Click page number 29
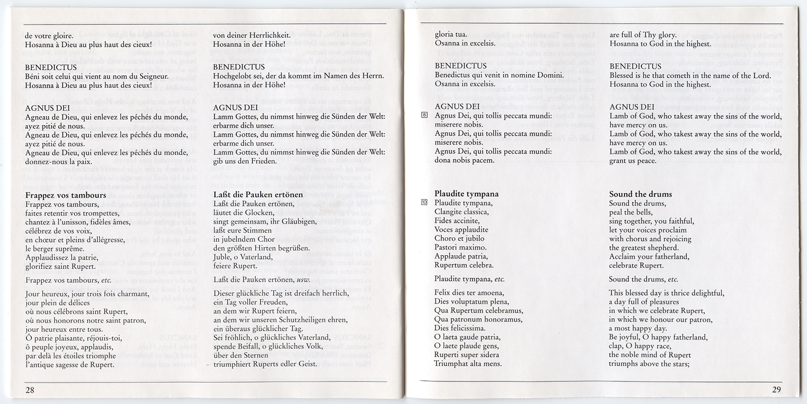(x=776, y=389)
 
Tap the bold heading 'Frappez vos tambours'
(x=65, y=195)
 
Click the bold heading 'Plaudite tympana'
(x=466, y=194)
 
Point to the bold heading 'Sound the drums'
(x=640, y=194)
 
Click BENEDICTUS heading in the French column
(x=50, y=67)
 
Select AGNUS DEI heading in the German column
(x=236, y=107)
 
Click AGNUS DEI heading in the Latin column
(x=457, y=107)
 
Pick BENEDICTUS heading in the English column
(x=635, y=66)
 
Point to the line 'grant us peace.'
(x=632, y=161)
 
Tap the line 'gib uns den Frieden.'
(x=245, y=161)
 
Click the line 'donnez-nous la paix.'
(x=59, y=162)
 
